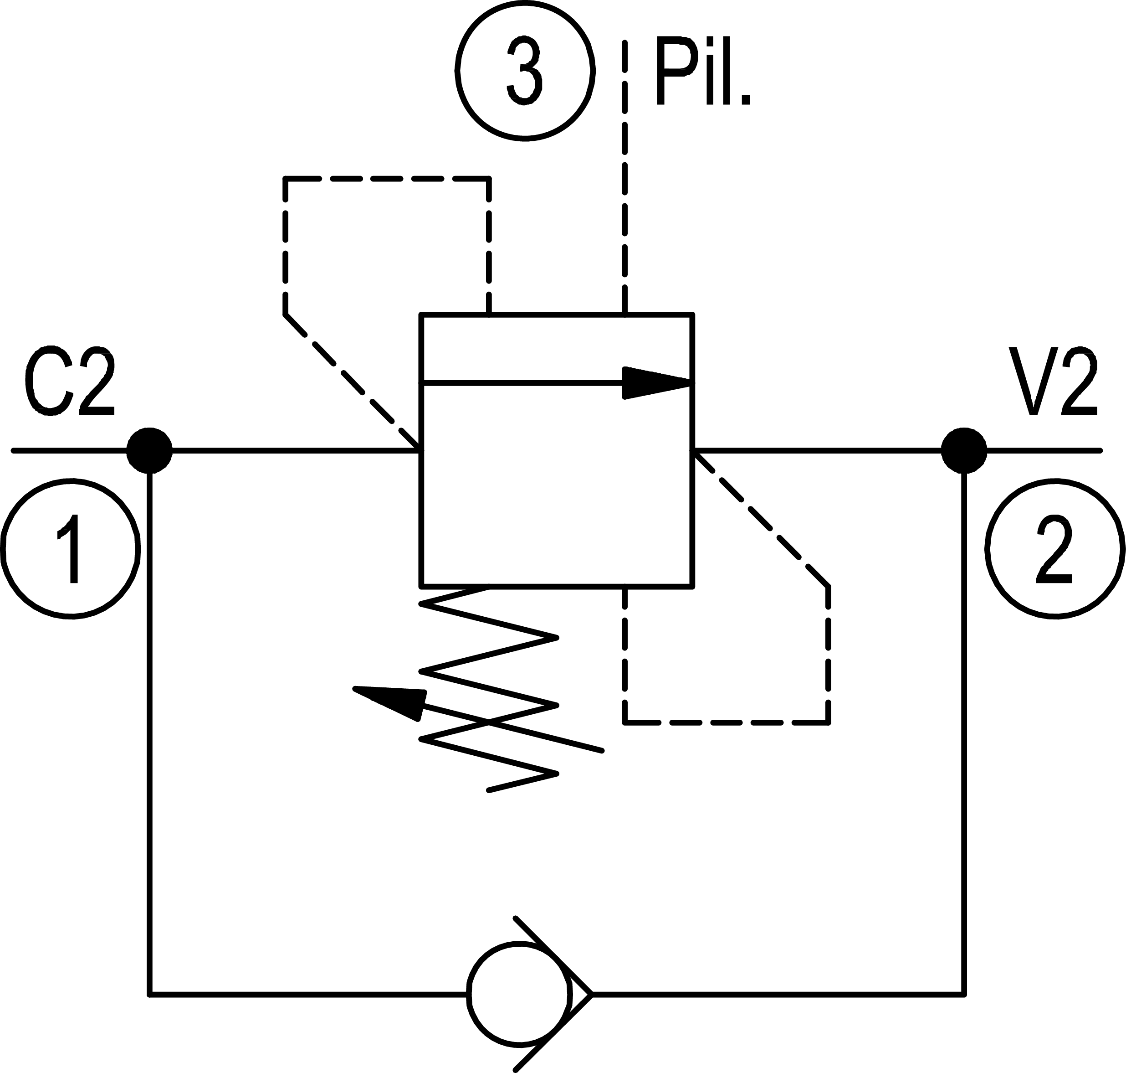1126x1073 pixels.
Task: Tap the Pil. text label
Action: point(702,72)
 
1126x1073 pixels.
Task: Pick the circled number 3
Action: point(525,71)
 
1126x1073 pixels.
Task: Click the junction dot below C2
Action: point(149,451)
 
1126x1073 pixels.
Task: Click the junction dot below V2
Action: point(964,451)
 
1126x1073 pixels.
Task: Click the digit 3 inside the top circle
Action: point(525,71)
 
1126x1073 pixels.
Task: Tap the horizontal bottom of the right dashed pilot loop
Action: point(726,723)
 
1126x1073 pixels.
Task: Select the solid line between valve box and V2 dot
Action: point(817,451)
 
